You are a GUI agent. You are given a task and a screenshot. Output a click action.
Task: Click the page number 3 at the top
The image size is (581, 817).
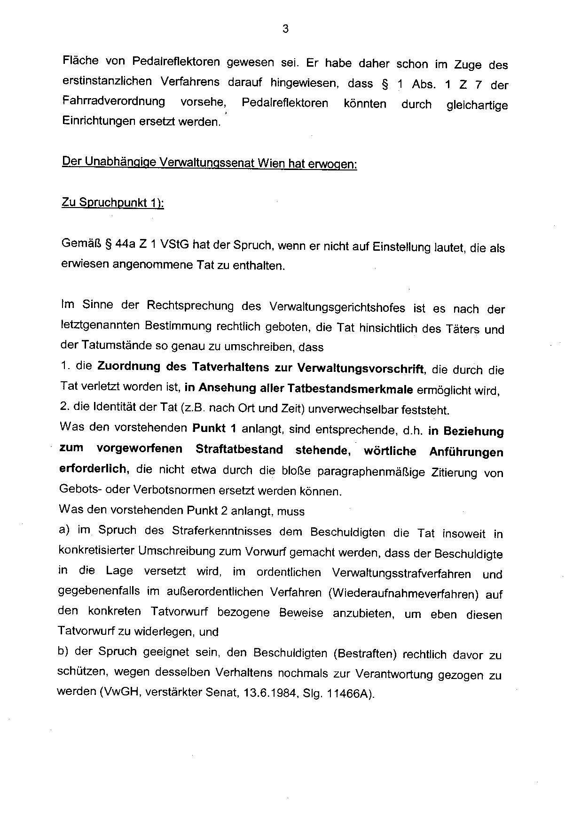click(x=285, y=29)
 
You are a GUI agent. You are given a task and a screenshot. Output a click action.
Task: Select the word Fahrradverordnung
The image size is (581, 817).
click(x=114, y=101)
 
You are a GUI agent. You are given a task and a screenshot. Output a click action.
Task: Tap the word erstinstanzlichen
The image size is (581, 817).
click(x=107, y=81)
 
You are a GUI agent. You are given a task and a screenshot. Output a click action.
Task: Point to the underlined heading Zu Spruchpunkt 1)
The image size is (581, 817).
click(x=113, y=203)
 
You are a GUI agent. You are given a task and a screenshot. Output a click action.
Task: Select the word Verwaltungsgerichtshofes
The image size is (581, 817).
click(x=337, y=307)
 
